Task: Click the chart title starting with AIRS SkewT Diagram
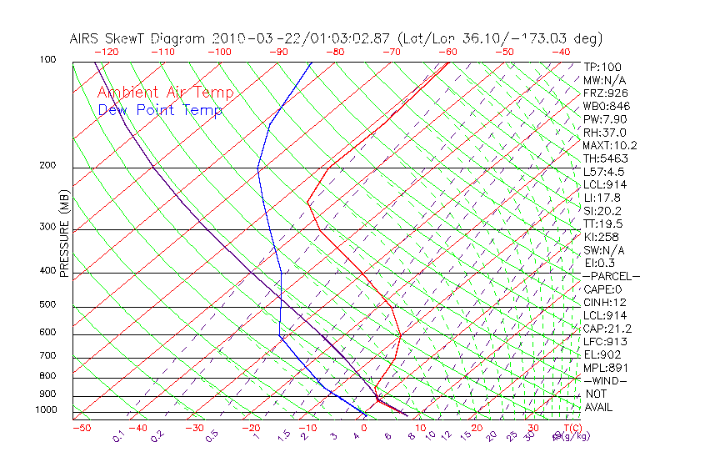point(336,38)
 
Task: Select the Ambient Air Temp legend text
point(166,93)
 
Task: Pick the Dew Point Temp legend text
point(160,110)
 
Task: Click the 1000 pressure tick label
point(47,410)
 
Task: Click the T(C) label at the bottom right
point(571,428)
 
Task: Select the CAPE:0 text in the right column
point(603,289)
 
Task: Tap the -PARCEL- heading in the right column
point(611,276)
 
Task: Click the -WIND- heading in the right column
point(605,380)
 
